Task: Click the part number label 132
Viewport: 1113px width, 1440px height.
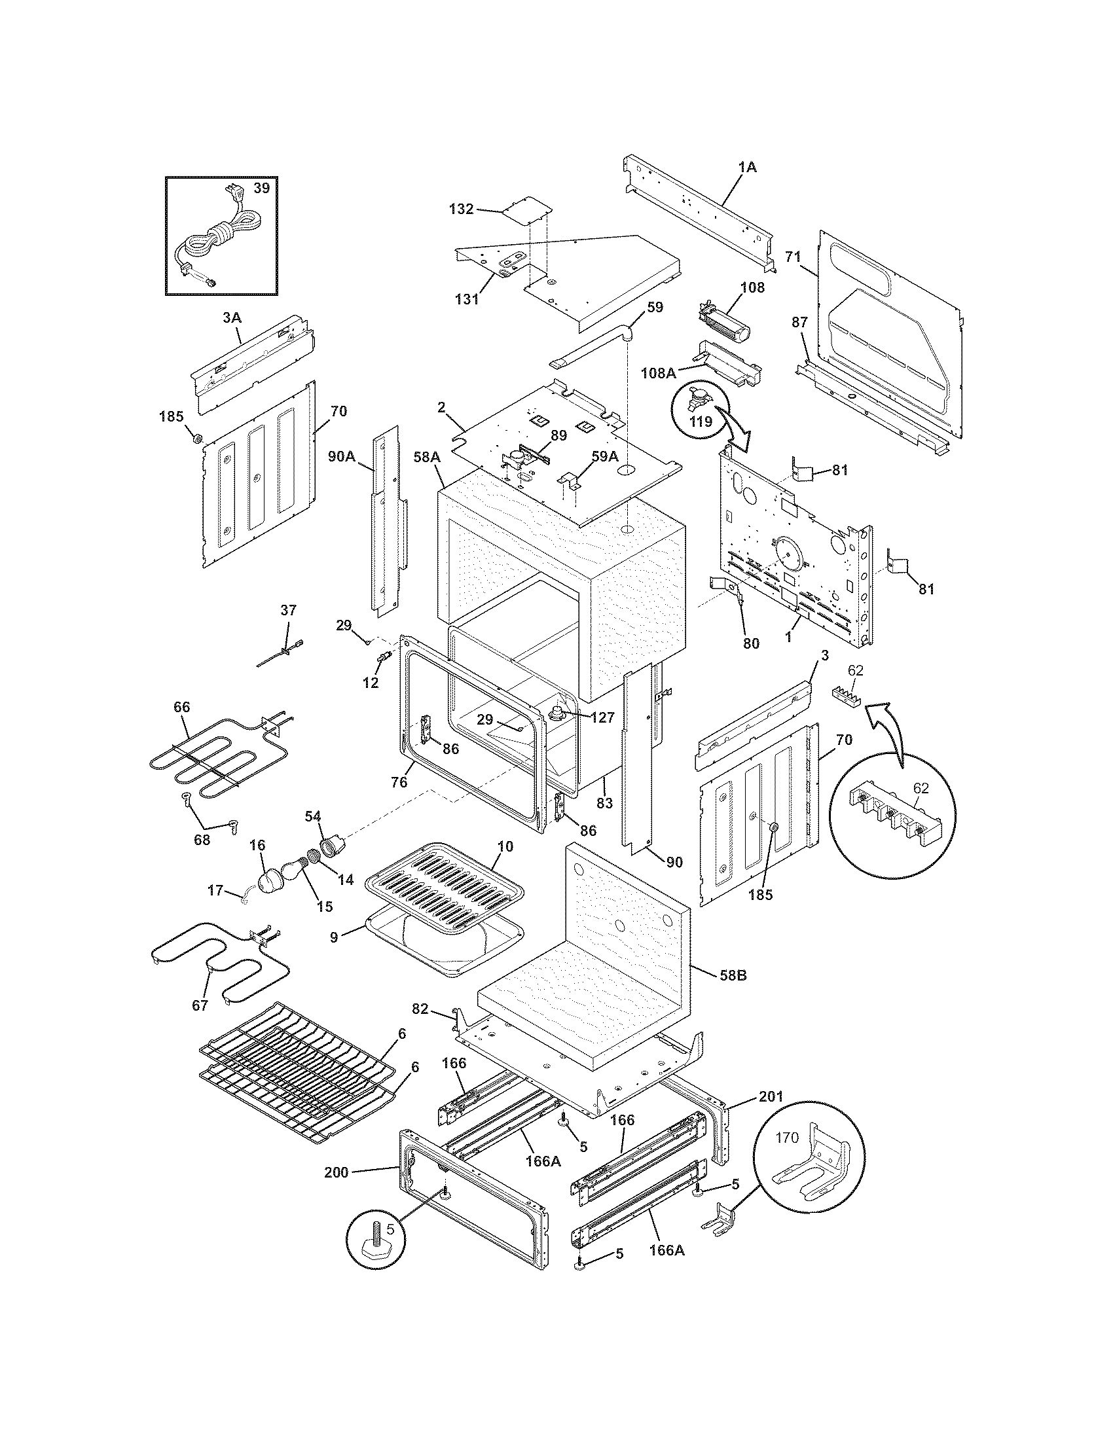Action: [x=461, y=209]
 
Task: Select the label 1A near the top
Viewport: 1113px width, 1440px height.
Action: [x=746, y=168]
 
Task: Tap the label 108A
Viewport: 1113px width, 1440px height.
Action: [x=659, y=373]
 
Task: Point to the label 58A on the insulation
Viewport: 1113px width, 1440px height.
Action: [x=427, y=456]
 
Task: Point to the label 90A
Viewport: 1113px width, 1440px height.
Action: [x=342, y=456]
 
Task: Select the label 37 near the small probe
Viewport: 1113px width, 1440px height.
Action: [x=288, y=610]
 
